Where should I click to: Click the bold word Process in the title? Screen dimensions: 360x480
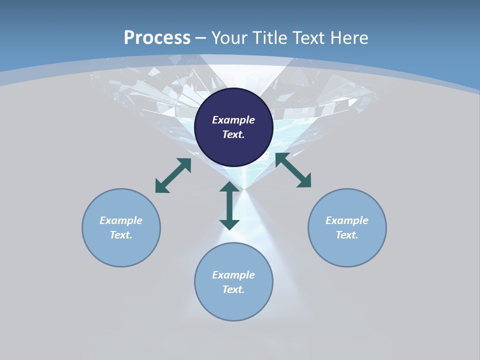(x=157, y=37)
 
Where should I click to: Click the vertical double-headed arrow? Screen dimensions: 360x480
(x=229, y=205)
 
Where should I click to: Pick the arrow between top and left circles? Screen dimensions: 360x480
(x=173, y=175)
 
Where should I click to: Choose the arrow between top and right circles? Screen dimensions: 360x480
(x=293, y=170)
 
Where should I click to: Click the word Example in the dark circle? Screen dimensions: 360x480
(x=233, y=120)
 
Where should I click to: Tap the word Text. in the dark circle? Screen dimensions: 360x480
(x=233, y=134)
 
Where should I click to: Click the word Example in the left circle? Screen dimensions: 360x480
(x=121, y=220)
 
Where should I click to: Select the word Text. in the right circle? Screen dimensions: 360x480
(x=347, y=235)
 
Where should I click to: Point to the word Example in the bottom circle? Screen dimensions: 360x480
(x=233, y=275)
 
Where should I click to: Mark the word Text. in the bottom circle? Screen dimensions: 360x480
(x=233, y=289)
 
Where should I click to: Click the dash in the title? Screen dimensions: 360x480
(x=200, y=38)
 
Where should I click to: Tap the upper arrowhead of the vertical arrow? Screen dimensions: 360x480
(x=229, y=188)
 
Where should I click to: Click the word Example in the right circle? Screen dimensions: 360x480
(x=347, y=220)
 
